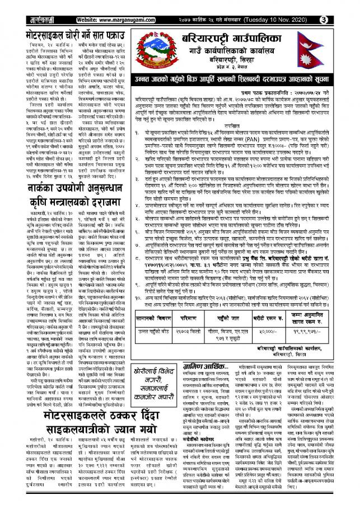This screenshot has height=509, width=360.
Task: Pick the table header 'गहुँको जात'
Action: pos(235,318)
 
